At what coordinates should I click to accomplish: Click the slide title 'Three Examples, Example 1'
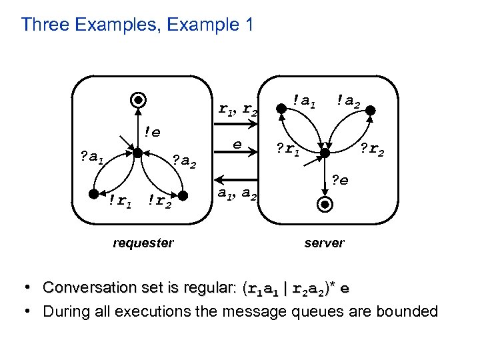coord(137,25)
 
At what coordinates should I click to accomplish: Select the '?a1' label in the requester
coord(91,157)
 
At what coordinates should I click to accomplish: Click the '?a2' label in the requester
coord(184,160)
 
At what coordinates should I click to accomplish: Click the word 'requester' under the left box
coord(143,243)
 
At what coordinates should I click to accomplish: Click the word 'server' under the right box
coord(324,243)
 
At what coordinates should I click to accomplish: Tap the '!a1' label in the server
coord(304,101)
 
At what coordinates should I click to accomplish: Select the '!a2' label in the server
coord(349,101)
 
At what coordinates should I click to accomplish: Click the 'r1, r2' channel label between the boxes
coord(238,108)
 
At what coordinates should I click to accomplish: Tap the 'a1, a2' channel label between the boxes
coord(237,195)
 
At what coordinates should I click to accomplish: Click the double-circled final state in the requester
coord(136,101)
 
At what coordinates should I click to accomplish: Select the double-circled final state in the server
coord(324,205)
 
